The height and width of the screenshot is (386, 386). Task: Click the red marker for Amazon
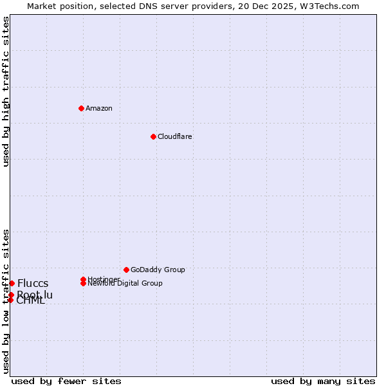tap(81, 108)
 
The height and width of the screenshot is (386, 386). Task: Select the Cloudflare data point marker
tap(153, 136)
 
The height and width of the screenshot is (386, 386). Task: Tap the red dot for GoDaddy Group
tap(126, 270)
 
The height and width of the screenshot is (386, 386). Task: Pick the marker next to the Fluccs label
tap(12, 283)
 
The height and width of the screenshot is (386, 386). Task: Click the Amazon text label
tap(99, 108)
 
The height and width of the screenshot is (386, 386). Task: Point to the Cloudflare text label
tap(175, 136)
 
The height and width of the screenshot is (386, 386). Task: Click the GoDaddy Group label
tap(158, 270)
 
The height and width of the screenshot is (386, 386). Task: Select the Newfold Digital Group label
tap(125, 284)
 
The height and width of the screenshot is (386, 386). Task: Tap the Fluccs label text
tap(33, 284)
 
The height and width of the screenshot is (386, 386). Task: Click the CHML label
tap(31, 301)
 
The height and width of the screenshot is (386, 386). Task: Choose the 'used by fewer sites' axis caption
tap(66, 381)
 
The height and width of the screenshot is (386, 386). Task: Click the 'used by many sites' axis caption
tap(323, 381)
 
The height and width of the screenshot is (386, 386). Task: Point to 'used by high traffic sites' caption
tap(6, 91)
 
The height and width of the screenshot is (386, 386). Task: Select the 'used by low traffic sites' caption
tap(6, 300)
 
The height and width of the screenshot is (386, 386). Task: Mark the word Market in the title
tap(42, 6)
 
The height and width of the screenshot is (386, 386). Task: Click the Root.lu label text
tap(35, 295)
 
